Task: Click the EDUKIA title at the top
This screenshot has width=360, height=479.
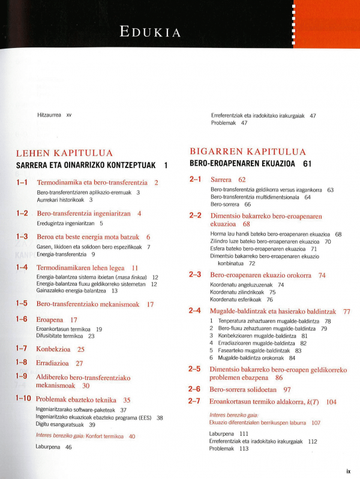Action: coord(150,32)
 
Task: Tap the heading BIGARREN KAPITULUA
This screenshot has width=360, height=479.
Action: coord(248,152)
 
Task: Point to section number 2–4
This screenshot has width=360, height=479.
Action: coord(194,311)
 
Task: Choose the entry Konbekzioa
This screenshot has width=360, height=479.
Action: coord(52,349)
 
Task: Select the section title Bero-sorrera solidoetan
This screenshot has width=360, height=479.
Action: coord(246,390)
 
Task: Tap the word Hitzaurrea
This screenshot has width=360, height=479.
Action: coord(49,115)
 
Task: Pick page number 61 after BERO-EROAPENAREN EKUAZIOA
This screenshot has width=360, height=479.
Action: coord(308,163)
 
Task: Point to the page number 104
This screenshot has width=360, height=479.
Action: coord(331,402)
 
